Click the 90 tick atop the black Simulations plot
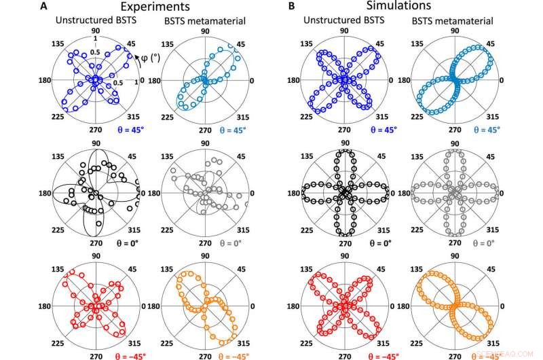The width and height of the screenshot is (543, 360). (345, 143)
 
